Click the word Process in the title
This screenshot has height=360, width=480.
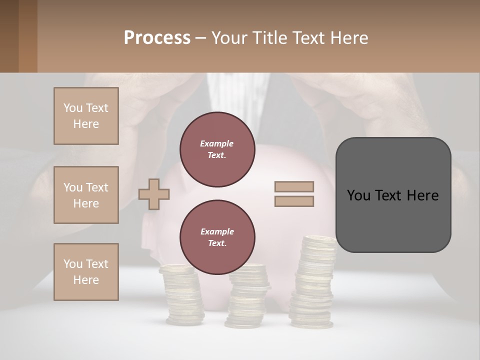tap(157, 38)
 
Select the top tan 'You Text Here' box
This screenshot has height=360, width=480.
tap(86, 116)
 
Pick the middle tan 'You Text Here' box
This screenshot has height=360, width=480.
tap(86, 195)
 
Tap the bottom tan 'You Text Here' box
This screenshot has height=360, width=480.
tap(86, 272)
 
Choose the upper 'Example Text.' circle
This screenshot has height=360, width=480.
tap(217, 149)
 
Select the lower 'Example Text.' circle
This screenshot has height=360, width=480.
tap(217, 237)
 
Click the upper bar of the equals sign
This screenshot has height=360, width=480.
tap(294, 186)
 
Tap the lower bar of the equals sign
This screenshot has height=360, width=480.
tap(294, 201)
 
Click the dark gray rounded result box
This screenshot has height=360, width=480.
tap(393, 195)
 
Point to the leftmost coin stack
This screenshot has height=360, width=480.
tap(182, 295)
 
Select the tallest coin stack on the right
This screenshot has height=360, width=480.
tap(312, 285)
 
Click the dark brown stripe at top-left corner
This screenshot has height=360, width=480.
tap(9, 36)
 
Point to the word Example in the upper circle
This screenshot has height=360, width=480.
tap(217, 143)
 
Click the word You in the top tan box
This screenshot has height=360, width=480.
tap(73, 108)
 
